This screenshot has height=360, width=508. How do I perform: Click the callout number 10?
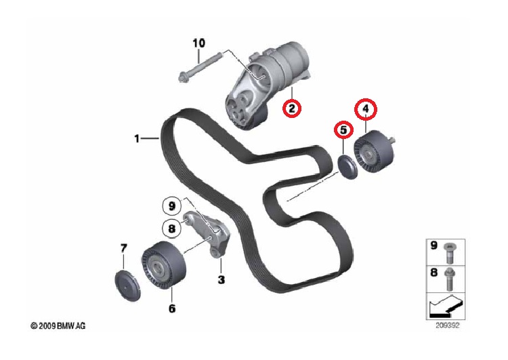tap(199, 43)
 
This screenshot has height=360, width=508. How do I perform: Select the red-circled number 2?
tap(292, 108)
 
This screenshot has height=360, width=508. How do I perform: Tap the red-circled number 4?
tap(366, 109)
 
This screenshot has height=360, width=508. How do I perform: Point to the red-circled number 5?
tap(343, 130)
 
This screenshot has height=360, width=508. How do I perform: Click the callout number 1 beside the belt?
tap(137, 139)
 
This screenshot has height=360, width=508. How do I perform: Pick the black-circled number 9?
tap(172, 206)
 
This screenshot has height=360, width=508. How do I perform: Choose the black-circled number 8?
tap(172, 228)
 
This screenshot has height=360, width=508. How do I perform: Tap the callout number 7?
tap(123, 248)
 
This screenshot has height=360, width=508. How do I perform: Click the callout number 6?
tap(172, 308)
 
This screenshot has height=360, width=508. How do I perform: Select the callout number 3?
tap(221, 279)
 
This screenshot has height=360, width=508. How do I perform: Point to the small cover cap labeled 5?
tap(347, 167)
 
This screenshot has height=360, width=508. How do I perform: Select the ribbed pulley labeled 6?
tap(164, 266)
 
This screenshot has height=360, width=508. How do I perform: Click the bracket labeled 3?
tap(207, 234)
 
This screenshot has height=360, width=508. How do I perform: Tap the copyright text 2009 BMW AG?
tap(58, 326)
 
